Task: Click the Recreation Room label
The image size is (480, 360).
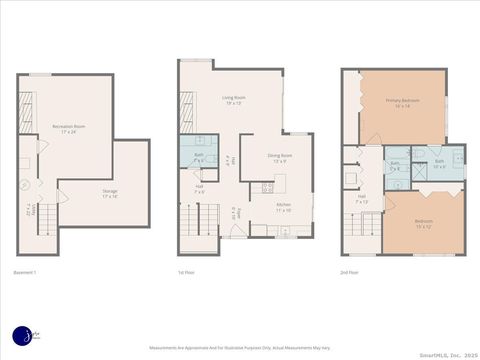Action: pyautogui.click(x=68, y=128)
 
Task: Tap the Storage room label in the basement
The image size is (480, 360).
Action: pyautogui.click(x=109, y=193)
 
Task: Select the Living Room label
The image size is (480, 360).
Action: pyautogui.click(x=234, y=100)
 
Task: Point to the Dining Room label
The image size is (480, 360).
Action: pyautogui.click(x=279, y=158)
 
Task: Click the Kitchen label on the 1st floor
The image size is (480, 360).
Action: pyautogui.click(x=283, y=207)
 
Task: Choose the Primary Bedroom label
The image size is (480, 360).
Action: pyautogui.click(x=402, y=103)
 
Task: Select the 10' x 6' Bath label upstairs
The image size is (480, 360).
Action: pyautogui.click(x=439, y=163)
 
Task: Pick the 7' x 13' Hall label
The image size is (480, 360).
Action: pyautogui.click(x=362, y=200)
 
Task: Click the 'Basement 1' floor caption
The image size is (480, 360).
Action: pyautogui.click(x=25, y=272)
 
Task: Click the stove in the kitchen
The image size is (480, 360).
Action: pyautogui.click(x=266, y=186)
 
